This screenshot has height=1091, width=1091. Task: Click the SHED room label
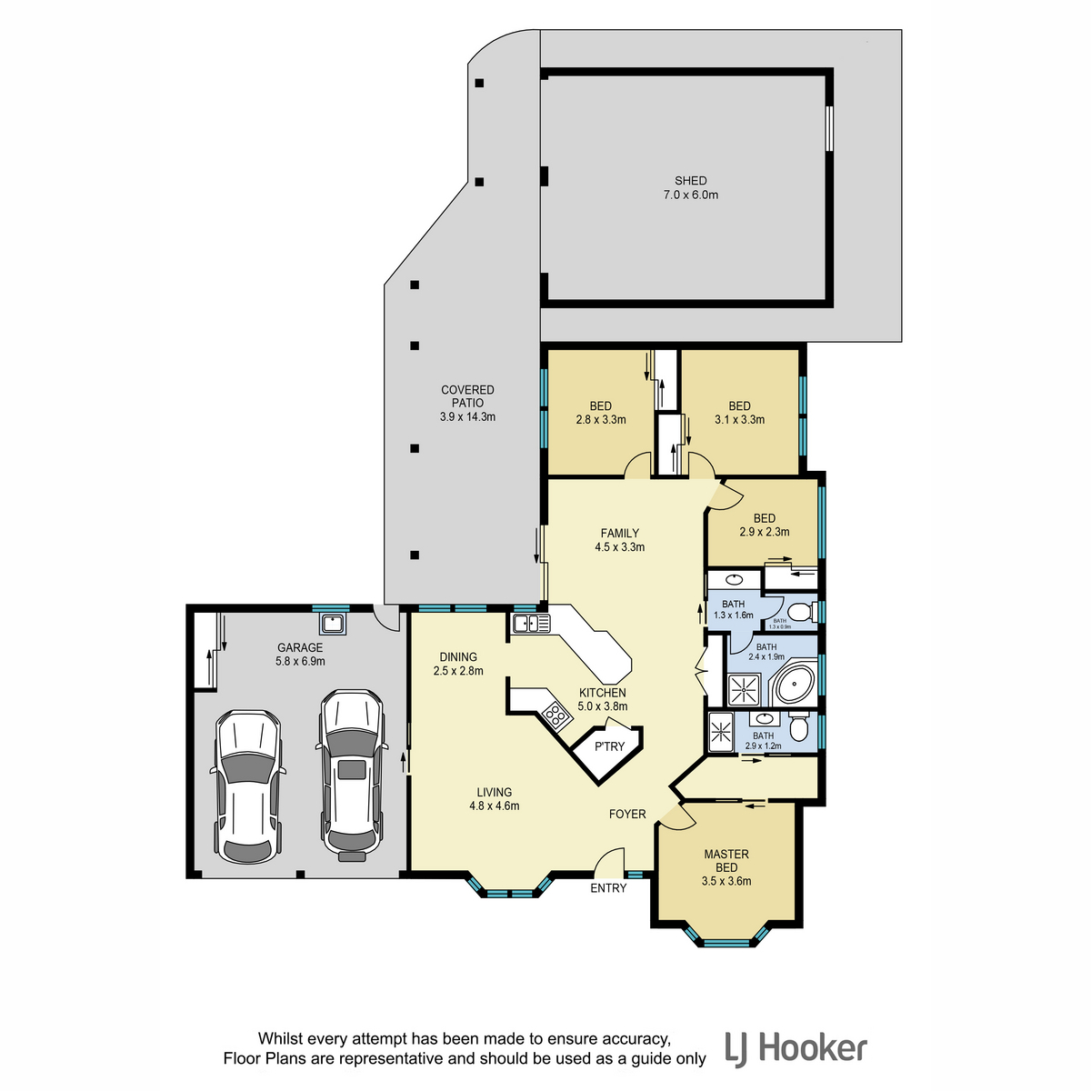(690, 181)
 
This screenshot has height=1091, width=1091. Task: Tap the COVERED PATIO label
(467, 396)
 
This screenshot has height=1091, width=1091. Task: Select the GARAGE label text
(299, 647)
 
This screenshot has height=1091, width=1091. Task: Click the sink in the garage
(332, 624)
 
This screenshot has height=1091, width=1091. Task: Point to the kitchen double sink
(531, 624)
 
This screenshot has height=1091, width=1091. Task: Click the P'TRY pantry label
(609, 746)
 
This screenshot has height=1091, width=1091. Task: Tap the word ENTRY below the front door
(608, 888)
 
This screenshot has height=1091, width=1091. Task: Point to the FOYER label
(627, 814)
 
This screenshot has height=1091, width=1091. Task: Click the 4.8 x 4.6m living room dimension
(494, 806)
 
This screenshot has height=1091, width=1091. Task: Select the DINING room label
(458, 656)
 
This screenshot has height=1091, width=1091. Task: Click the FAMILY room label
(619, 533)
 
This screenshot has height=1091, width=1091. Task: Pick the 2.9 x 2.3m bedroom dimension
(764, 532)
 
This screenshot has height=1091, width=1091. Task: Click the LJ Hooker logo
(796, 1048)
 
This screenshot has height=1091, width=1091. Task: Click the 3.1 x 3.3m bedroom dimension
(739, 419)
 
